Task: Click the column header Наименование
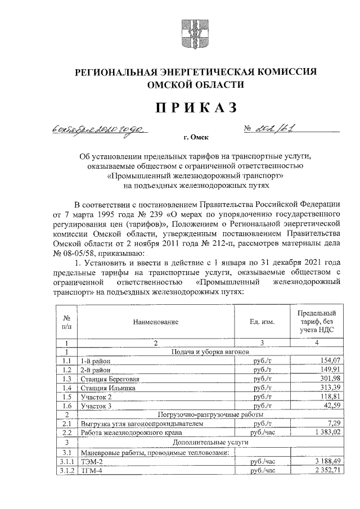[155, 322]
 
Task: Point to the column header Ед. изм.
[262, 322]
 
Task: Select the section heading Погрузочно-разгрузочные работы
[208, 415]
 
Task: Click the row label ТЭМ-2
[91, 462]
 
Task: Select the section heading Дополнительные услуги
[208, 443]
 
